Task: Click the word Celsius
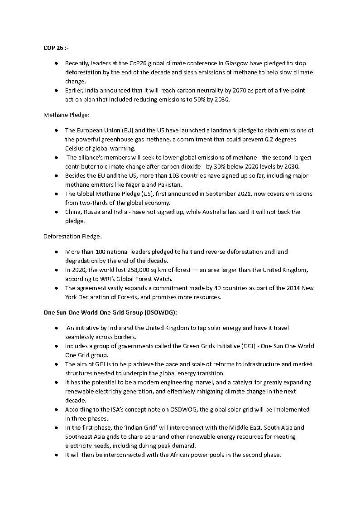pyautogui.click(x=76, y=149)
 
